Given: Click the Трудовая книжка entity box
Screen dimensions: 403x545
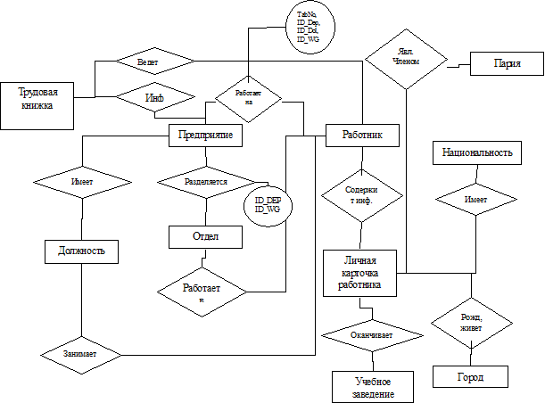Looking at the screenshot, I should pos(37,105).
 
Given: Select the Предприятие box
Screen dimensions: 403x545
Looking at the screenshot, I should pos(206,135).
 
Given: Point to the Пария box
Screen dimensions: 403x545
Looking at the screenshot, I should pos(507,64).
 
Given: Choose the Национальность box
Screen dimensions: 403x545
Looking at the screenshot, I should pos(477,152).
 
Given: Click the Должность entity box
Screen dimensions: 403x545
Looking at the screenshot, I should pos(81,251).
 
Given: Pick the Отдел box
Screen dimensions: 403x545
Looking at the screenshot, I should pos(205,236).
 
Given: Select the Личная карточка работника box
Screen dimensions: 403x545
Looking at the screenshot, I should pos(359,272).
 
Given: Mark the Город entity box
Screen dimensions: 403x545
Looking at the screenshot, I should pos(470,377).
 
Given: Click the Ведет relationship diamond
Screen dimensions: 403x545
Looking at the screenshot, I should pos(154,62).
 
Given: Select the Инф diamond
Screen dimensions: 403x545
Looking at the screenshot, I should pos(154,96).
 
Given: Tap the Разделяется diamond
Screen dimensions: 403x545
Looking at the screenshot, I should pos(206,181).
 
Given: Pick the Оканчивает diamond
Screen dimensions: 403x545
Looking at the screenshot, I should pos(372,334).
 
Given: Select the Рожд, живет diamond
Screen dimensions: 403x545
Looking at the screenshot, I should pos(471,322).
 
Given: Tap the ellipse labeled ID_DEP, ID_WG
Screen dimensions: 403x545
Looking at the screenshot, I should pos(268,204).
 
